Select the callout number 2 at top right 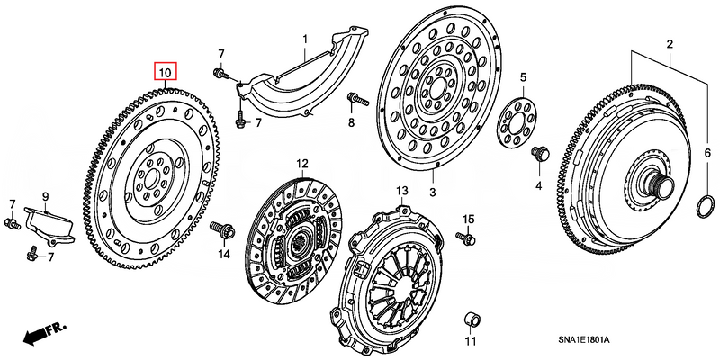[x=669, y=44]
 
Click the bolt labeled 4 [x=540, y=155]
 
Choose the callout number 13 [x=401, y=191]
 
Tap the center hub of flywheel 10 [x=151, y=180]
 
